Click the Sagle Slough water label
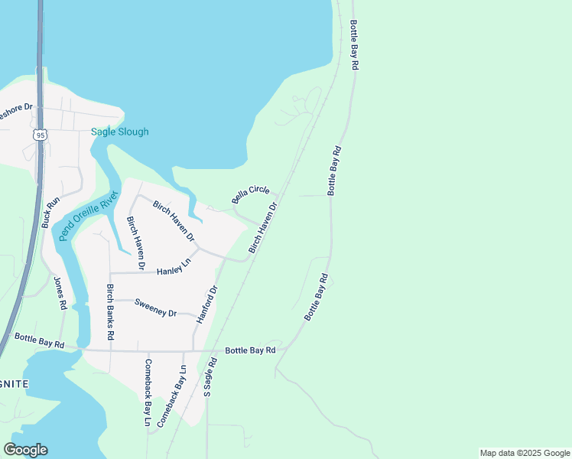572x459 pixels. tap(120, 132)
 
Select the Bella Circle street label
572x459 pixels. tap(251, 194)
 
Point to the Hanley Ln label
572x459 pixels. tap(173, 268)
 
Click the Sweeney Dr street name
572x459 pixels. tap(155, 308)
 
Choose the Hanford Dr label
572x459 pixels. tap(207, 304)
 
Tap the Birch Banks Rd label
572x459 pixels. tap(110, 312)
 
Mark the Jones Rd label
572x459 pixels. tap(60, 292)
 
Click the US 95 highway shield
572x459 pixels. tap(40, 135)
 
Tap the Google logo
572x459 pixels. tap(25, 450)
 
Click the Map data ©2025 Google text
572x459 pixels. tap(525, 453)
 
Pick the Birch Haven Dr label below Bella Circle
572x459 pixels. tap(262, 228)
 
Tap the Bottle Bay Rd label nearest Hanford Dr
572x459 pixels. tap(250, 350)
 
